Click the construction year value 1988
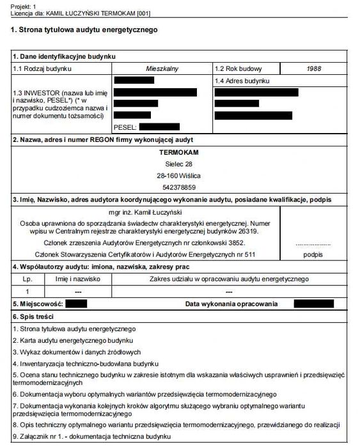point(313,68)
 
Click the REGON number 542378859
point(179,187)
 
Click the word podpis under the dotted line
point(313,254)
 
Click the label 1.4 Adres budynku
point(242,81)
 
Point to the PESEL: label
point(125,127)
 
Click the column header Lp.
point(26,279)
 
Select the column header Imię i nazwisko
point(78,279)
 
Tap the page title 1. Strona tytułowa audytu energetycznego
point(84,29)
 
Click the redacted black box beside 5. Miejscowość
point(76,303)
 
